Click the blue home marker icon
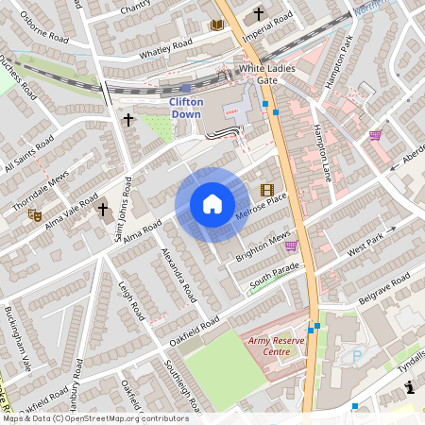(x=212, y=204)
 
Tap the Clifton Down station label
(x=185, y=108)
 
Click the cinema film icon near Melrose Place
(x=266, y=190)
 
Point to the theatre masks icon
(x=34, y=215)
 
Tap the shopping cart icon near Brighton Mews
(x=291, y=246)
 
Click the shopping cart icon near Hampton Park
(x=376, y=136)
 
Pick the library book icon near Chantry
(x=216, y=23)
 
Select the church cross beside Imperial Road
(x=259, y=15)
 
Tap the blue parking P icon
(x=356, y=356)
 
